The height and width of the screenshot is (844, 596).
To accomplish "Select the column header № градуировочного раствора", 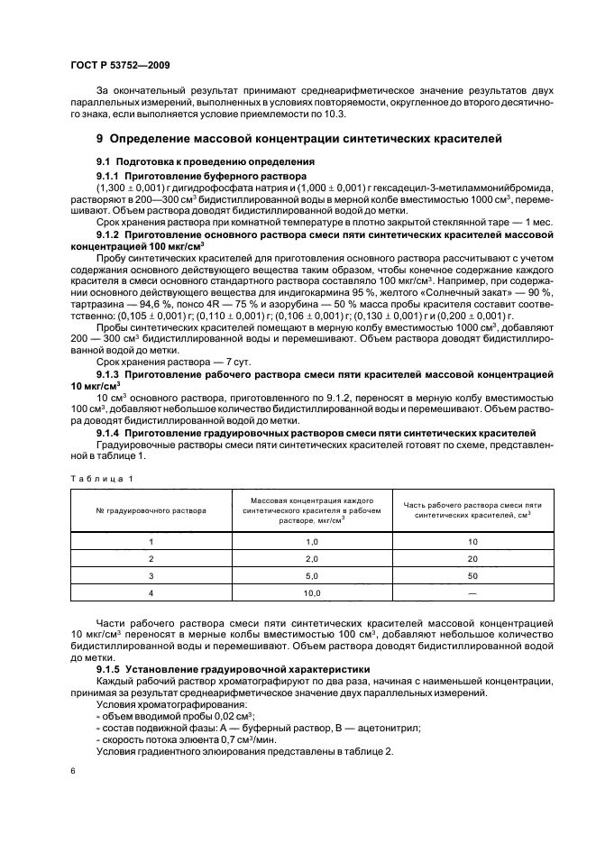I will pyautogui.click(x=151, y=510).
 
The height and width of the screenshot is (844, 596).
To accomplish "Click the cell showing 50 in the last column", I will pyautogui.click(x=472, y=575).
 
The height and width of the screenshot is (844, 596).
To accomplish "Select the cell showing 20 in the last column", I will pyautogui.click(x=472, y=558).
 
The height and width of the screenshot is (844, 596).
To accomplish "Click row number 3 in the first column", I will pyautogui.click(x=151, y=575).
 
